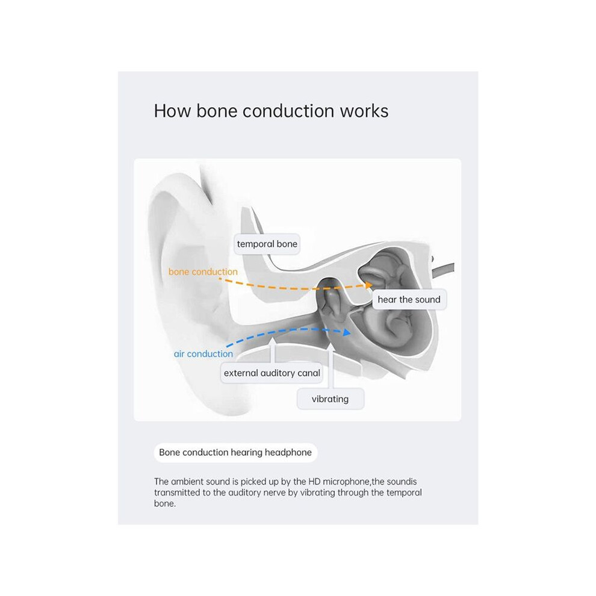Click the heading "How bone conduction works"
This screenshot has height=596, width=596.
271,111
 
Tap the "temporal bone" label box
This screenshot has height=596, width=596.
267,244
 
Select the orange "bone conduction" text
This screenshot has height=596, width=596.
203,272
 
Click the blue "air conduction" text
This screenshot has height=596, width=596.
203,354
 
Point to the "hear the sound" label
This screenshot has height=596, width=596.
409,300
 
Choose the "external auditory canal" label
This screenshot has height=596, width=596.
272,373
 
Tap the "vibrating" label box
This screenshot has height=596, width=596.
331,399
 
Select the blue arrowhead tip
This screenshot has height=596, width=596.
351,333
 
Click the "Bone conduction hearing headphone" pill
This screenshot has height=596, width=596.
235,452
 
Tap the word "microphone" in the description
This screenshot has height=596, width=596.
346,482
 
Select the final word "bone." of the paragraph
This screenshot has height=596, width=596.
164,503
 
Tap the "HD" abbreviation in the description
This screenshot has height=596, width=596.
314,482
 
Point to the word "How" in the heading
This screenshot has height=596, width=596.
172,111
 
